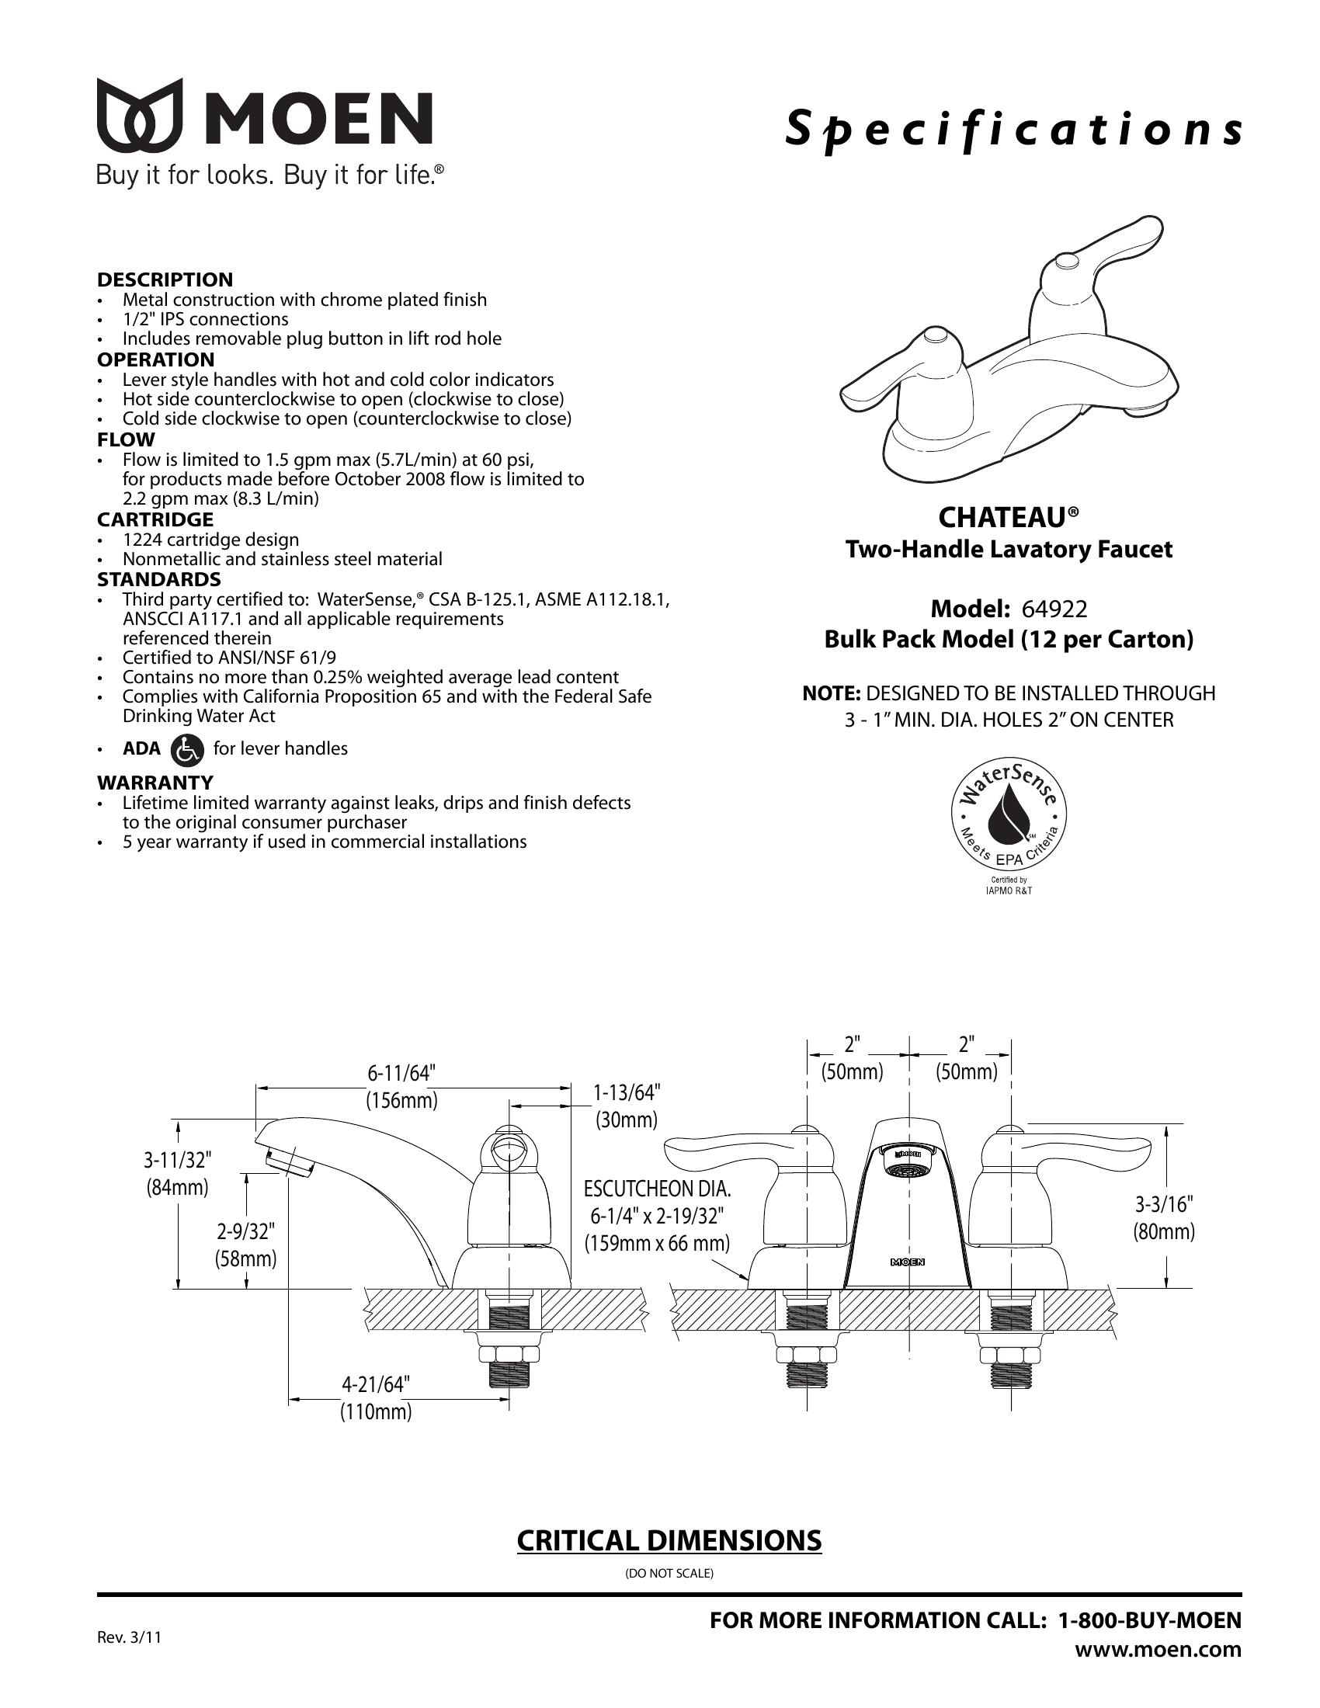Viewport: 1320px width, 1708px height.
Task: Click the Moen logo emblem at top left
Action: tap(139, 115)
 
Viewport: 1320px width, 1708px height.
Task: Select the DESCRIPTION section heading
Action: tap(165, 279)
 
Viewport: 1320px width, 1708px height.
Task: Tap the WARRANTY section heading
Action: tap(155, 782)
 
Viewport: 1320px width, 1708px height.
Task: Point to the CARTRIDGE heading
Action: tap(155, 519)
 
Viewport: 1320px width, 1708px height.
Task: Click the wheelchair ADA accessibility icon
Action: tap(186, 749)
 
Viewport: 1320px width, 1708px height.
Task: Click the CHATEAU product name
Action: tap(1008, 518)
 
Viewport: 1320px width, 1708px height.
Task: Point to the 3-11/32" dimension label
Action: tap(178, 1159)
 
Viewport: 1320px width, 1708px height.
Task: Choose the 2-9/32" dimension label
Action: tap(246, 1232)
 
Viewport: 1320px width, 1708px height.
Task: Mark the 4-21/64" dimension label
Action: tap(375, 1384)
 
